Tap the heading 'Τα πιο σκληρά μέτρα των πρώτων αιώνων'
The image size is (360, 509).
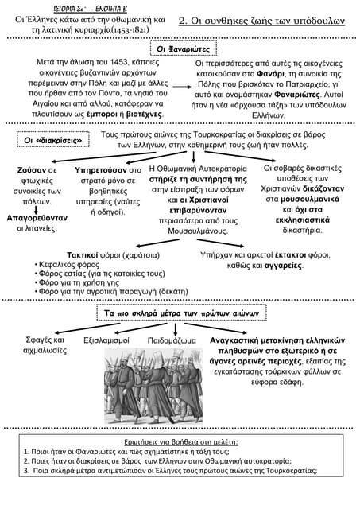click(180, 315)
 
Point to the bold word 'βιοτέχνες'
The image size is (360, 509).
click(144, 115)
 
